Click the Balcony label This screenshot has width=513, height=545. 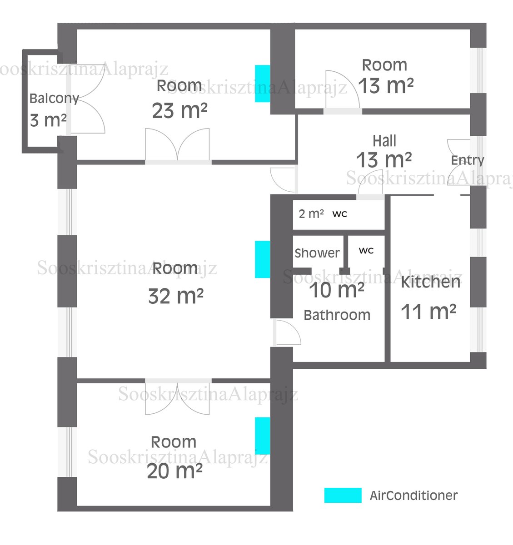click(x=54, y=98)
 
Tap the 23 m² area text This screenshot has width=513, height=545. click(x=179, y=111)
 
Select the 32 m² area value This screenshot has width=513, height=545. click(x=176, y=296)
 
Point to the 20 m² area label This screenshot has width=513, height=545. click(x=174, y=471)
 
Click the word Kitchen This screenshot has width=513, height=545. click(x=430, y=282)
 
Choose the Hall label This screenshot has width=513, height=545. click(x=384, y=141)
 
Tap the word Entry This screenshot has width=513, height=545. click(x=468, y=160)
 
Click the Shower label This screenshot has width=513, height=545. click(x=317, y=253)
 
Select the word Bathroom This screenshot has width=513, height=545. click(x=337, y=315)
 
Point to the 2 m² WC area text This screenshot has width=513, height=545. click(x=311, y=214)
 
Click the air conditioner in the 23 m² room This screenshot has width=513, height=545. click(x=263, y=84)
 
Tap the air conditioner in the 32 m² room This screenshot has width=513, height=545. click(x=263, y=259)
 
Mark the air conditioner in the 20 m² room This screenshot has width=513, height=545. click(x=263, y=436)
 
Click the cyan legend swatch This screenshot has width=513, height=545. click(x=343, y=495)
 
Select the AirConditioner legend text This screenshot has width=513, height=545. click(x=413, y=495)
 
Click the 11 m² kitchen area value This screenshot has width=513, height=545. click(x=428, y=312)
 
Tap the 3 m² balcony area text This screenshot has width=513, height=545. click(x=48, y=120)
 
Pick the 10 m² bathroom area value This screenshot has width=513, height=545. click(x=337, y=290)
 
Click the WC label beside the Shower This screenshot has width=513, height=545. click(x=366, y=251)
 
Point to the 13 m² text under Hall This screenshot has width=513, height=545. click(x=384, y=160)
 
